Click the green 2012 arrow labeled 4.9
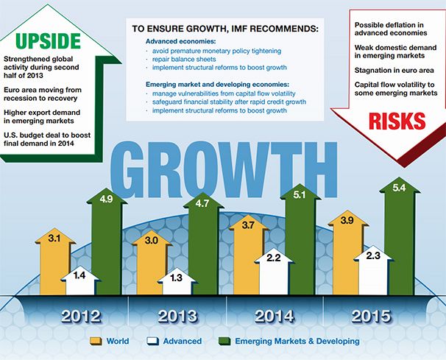[107, 242]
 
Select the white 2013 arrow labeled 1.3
[177, 281]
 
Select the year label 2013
[178, 316]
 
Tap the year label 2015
[371, 316]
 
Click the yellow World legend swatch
[96, 341]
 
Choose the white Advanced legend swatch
[152, 341]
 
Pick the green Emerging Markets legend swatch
[224, 341]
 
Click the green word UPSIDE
[49, 41]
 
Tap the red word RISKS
[397, 121]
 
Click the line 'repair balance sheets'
[184, 59]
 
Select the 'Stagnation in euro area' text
[394, 70]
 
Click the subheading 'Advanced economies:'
[181, 41]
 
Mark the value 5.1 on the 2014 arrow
[300, 195]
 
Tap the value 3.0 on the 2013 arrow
[152, 241]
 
